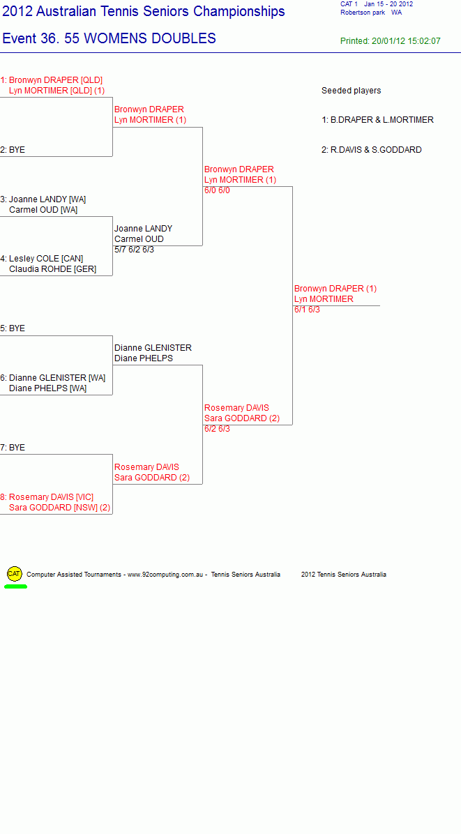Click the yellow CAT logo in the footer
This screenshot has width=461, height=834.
[15, 574]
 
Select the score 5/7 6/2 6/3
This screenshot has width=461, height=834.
[135, 250]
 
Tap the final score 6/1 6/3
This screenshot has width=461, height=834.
[308, 310]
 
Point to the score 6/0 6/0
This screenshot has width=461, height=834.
[218, 190]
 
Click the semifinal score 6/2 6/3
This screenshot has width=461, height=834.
[218, 429]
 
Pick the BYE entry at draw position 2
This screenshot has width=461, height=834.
[13, 150]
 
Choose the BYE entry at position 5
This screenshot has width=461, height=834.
[13, 328]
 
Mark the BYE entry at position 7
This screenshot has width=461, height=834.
[13, 448]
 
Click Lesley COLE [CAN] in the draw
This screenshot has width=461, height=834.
[42, 259]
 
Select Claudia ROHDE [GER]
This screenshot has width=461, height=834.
[52, 269]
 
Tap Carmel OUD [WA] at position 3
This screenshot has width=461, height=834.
[43, 210]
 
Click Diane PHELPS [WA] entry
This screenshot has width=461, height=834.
[48, 388]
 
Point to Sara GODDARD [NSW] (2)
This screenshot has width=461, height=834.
[59, 508]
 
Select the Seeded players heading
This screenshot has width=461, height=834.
[352, 91]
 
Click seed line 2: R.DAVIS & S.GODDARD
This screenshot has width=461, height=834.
[372, 150]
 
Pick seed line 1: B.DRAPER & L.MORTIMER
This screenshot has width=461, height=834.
[377, 120]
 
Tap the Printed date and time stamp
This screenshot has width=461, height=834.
[391, 41]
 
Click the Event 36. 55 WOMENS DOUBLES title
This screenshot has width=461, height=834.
[109, 38]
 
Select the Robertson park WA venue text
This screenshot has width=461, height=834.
[371, 13]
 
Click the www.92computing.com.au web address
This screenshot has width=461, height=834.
[165, 575]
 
